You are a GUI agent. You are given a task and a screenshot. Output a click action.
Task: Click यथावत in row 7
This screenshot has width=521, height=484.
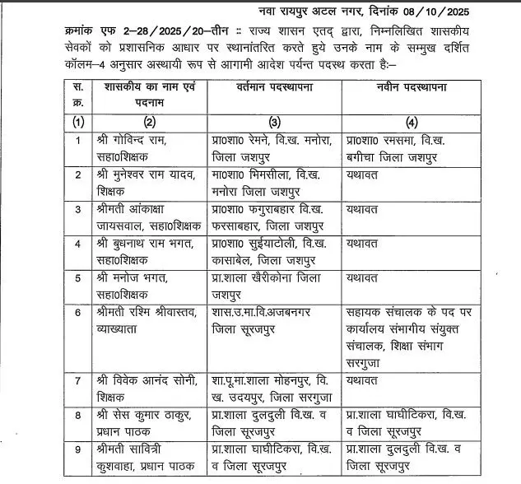(361, 381)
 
